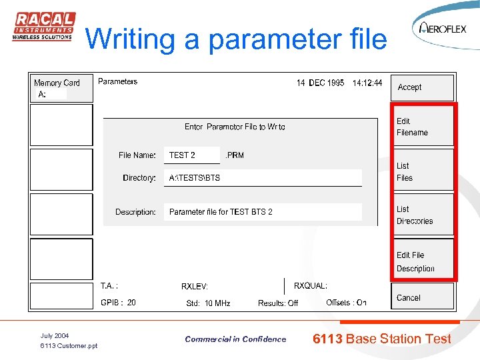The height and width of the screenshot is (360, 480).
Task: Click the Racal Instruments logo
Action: tap(43, 27)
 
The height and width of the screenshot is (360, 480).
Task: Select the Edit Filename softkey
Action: tap(422, 127)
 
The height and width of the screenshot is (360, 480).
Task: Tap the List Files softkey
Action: tap(422, 171)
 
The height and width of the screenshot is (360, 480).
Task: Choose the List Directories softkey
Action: tap(422, 215)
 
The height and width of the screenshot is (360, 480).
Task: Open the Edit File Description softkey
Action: tap(422, 261)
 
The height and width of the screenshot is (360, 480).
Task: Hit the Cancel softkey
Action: tap(422, 297)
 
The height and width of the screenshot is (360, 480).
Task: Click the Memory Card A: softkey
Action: tap(61, 88)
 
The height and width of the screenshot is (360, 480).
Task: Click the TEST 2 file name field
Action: tap(192, 155)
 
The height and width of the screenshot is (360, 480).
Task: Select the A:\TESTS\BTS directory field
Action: tap(263, 178)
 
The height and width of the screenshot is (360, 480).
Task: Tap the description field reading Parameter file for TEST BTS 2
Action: tap(263, 212)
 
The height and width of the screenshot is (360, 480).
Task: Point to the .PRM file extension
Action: tap(235, 155)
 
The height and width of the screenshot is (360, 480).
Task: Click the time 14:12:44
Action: tap(367, 83)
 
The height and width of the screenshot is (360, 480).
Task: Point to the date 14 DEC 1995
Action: tap(321, 83)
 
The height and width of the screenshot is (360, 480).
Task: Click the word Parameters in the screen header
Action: tap(118, 81)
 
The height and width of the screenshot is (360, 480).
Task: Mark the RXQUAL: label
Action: tap(311, 286)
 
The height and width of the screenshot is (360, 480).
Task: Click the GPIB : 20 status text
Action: tap(118, 303)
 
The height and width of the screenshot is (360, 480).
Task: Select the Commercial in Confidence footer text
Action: tap(235, 339)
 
